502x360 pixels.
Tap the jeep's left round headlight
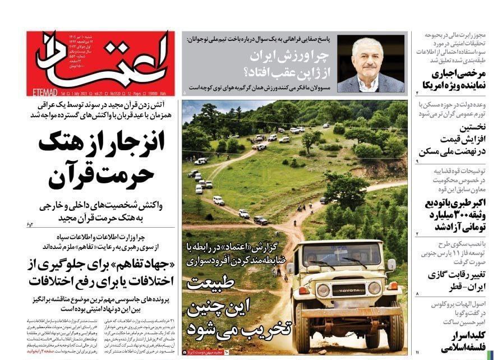(x=323, y=290)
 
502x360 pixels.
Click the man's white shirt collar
(x=368, y=83)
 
